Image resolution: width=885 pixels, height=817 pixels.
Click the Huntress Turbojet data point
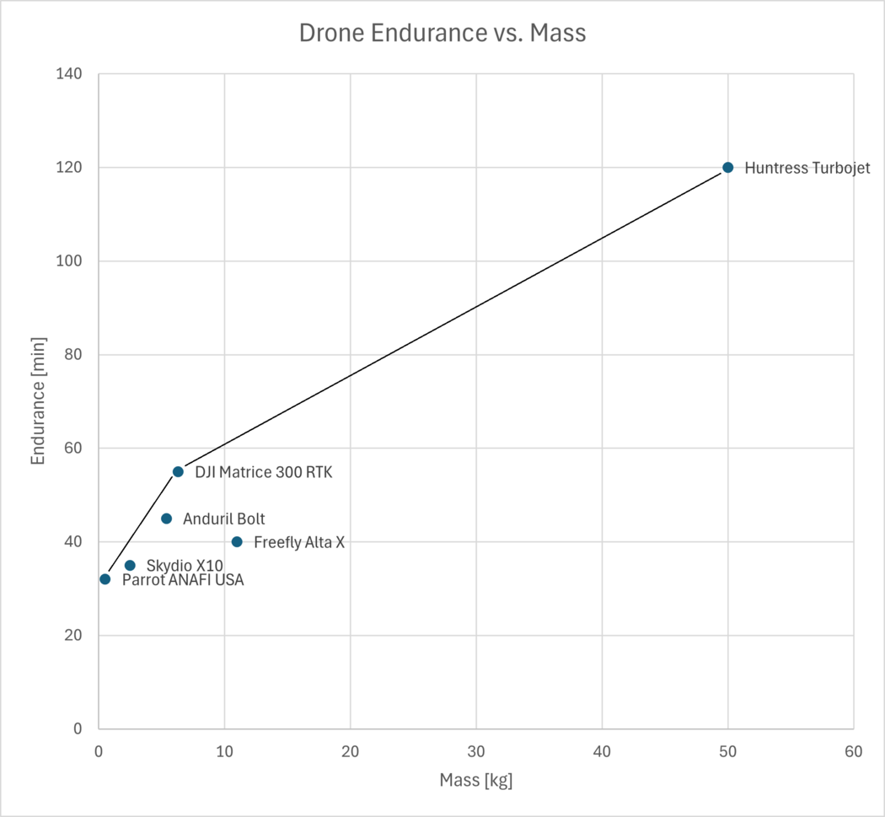click(x=727, y=168)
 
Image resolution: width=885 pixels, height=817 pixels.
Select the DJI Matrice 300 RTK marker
click(x=178, y=472)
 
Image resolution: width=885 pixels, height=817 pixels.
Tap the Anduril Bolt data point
click(x=166, y=519)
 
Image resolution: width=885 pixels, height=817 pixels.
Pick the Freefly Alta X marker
click(x=237, y=542)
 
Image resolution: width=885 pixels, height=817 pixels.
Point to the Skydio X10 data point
click(x=130, y=566)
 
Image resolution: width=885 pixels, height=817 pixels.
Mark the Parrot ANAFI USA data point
click(x=105, y=579)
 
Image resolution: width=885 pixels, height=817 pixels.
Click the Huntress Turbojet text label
click(x=807, y=168)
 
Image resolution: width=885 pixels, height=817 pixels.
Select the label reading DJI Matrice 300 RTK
click(x=263, y=472)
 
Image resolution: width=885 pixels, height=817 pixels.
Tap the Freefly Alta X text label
click(x=298, y=542)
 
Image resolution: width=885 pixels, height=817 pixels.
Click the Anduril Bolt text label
click(x=223, y=519)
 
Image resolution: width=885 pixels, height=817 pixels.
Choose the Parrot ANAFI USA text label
click(x=183, y=580)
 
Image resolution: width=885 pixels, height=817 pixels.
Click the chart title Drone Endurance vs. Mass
click(x=442, y=34)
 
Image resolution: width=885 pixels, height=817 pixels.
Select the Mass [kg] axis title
click(x=475, y=781)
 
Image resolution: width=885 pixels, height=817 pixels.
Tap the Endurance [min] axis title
click(x=38, y=401)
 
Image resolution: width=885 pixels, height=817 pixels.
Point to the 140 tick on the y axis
click(x=69, y=74)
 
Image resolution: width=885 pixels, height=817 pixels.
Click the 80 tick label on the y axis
click(x=73, y=355)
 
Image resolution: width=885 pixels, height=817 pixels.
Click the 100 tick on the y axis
click(x=69, y=261)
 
